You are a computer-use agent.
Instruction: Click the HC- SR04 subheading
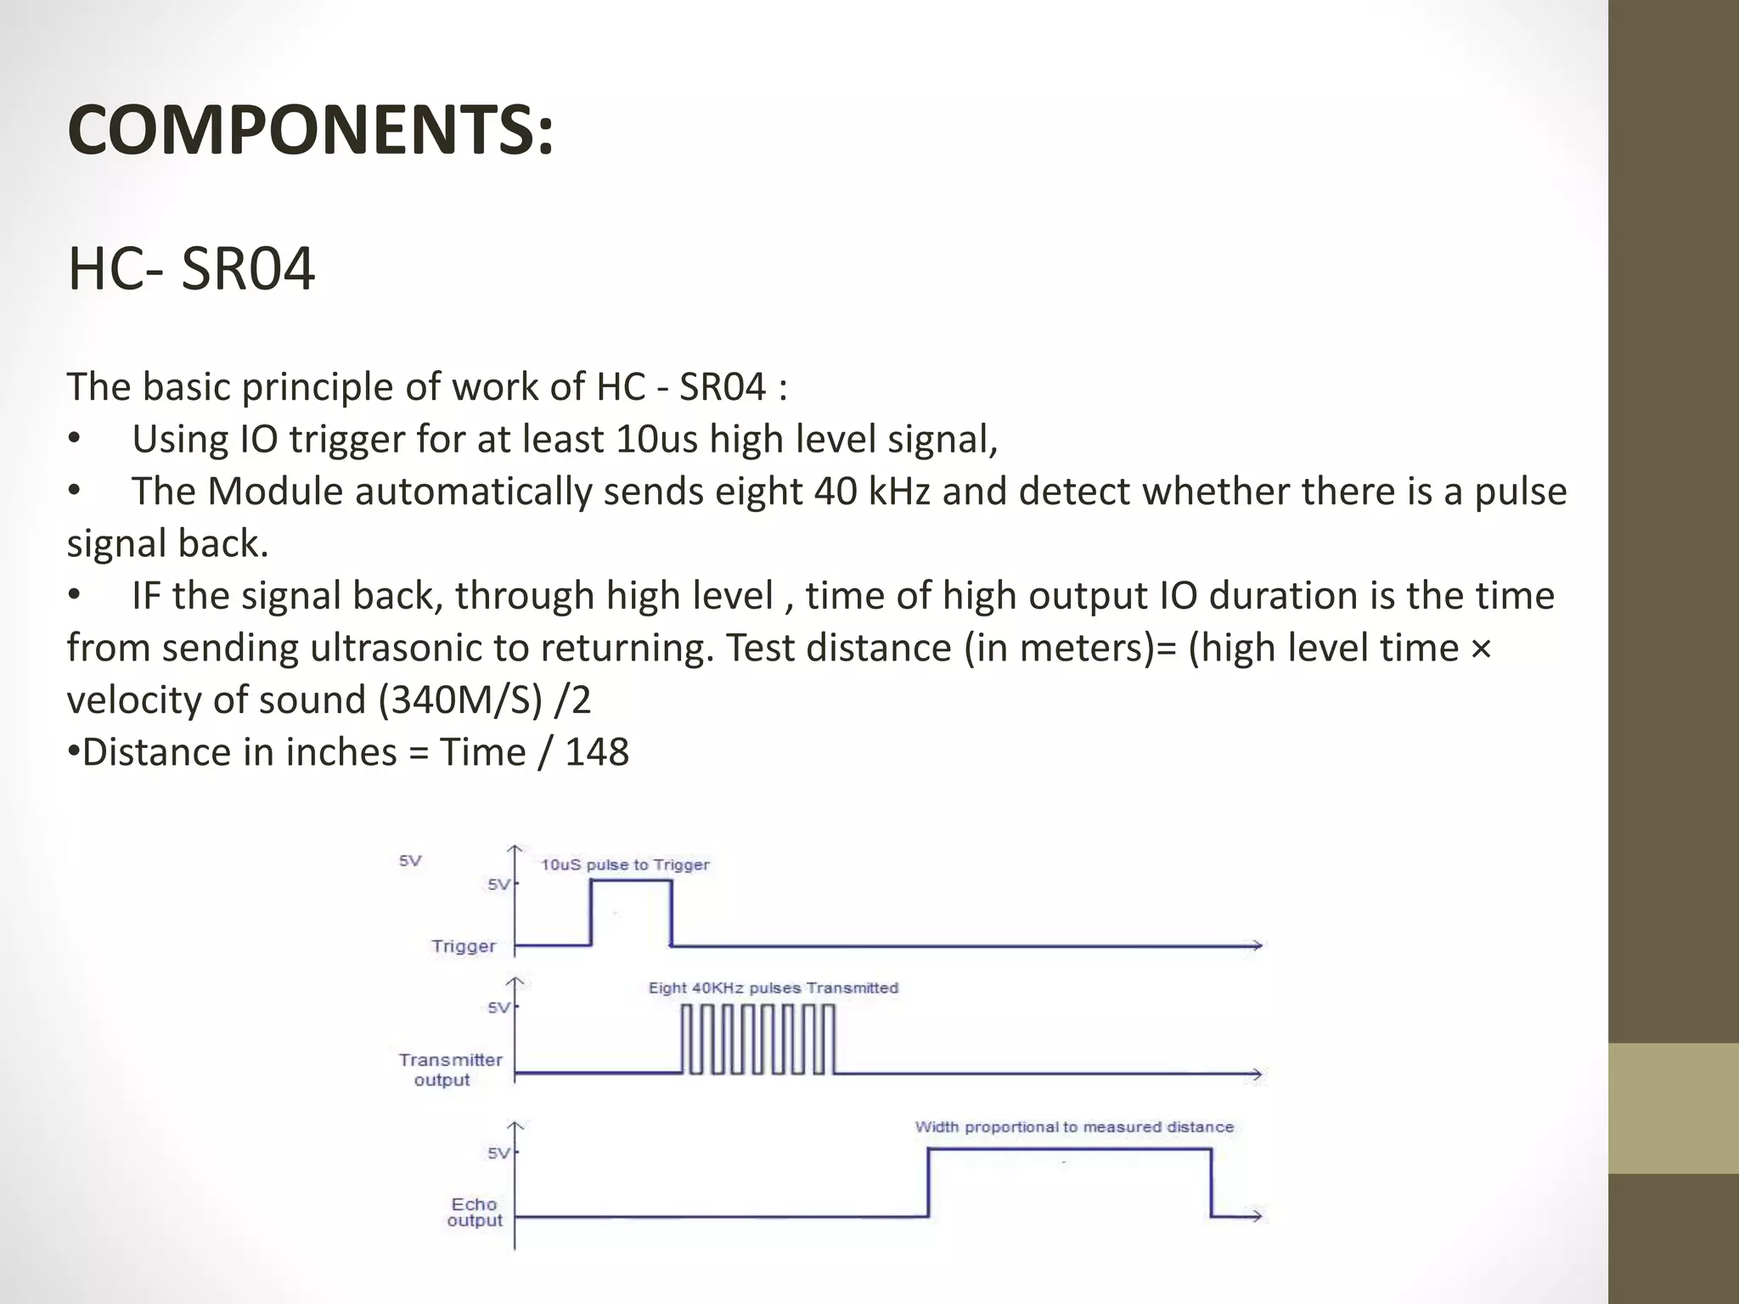(x=191, y=269)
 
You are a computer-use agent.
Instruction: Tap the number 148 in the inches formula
(x=597, y=752)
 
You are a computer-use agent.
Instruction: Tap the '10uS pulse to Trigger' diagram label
(x=625, y=865)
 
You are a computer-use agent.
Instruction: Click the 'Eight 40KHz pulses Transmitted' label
(x=773, y=988)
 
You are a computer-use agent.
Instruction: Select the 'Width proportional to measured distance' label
(x=1074, y=1127)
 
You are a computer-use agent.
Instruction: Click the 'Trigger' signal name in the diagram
(x=463, y=947)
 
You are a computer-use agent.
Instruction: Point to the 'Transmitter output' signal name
(x=450, y=1070)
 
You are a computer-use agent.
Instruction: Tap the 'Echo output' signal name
(x=475, y=1212)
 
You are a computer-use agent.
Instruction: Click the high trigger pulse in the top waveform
(x=631, y=912)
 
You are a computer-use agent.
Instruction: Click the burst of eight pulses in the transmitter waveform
(x=758, y=1039)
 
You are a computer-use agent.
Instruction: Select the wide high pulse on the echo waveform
(x=1070, y=1182)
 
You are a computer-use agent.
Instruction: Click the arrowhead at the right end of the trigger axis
(x=1256, y=945)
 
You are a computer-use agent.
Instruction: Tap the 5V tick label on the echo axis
(x=498, y=1153)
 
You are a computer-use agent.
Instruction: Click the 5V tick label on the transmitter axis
(x=498, y=1008)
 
